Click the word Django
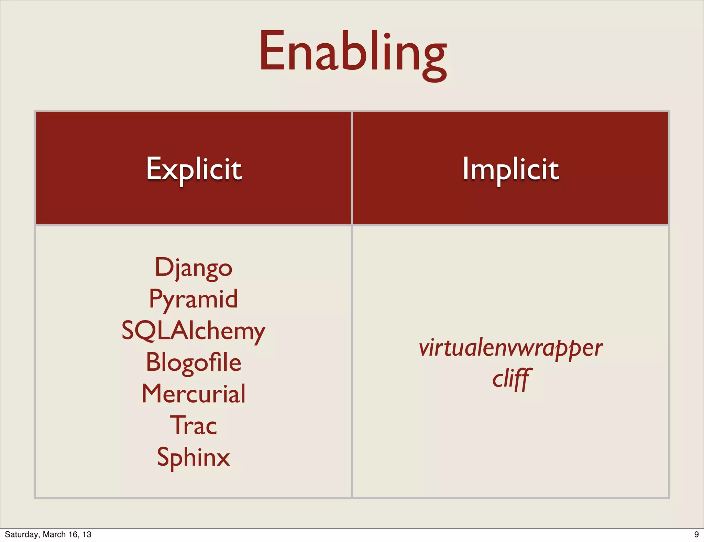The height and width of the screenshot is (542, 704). pyautogui.click(x=194, y=268)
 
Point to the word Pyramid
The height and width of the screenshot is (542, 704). pyautogui.click(x=194, y=299)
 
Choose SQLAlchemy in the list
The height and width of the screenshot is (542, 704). pyautogui.click(x=194, y=330)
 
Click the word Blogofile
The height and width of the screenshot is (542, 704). pyautogui.click(x=194, y=362)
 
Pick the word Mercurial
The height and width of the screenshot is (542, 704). pyautogui.click(x=194, y=394)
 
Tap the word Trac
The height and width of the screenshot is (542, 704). pyautogui.click(x=194, y=425)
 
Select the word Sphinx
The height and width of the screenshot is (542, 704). pyautogui.click(x=194, y=457)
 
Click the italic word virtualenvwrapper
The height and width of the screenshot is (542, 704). pyautogui.click(x=510, y=348)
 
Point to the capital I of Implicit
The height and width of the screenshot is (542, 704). pyautogui.click(x=465, y=168)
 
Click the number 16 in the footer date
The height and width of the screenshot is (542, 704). pyautogui.click(x=74, y=534)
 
